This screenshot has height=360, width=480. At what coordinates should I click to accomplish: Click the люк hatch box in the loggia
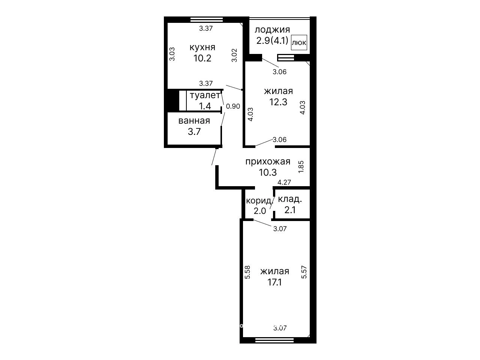click(299, 42)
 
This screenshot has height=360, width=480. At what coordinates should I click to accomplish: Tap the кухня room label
click(202, 48)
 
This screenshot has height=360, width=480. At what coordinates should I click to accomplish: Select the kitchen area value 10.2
click(202, 58)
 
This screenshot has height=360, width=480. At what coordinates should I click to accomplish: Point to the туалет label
click(205, 96)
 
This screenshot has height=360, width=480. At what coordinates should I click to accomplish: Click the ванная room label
click(194, 121)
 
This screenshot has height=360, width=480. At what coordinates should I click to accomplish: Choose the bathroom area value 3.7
click(194, 132)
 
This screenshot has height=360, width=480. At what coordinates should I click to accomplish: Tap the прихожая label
click(268, 162)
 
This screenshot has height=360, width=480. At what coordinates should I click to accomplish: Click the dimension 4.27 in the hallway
click(284, 182)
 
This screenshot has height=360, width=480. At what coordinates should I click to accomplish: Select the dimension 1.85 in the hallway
click(301, 167)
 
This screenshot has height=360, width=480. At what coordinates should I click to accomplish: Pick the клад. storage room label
click(290, 199)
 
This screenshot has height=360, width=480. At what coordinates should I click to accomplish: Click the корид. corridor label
click(259, 200)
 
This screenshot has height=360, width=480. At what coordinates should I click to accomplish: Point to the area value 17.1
click(274, 282)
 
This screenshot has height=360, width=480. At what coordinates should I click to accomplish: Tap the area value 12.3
click(278, 102)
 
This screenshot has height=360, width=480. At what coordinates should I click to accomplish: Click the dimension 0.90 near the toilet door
click(233, 106)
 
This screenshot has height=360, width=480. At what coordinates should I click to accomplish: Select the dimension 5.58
click(247, 272)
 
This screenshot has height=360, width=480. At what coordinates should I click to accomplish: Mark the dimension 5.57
click(304, 272)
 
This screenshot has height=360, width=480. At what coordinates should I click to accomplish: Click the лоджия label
click(272, 30)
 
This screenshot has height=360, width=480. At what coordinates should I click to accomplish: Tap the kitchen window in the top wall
click(207, 19)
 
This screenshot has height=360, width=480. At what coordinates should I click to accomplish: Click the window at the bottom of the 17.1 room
click(274, 340)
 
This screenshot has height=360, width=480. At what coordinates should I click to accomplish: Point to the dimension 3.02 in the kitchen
click(234, 55)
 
